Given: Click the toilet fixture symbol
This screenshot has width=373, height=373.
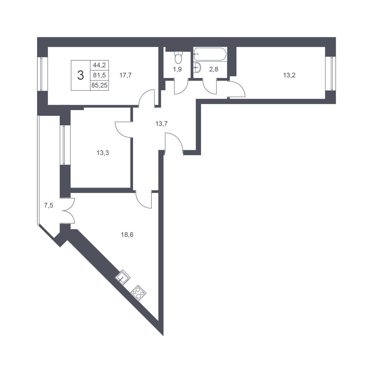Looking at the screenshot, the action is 178,58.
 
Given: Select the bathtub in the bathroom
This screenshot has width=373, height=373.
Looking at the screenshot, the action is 210,54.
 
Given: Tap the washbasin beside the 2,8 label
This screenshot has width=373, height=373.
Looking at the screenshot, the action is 197,67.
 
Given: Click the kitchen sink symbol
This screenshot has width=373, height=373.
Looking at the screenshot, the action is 123,277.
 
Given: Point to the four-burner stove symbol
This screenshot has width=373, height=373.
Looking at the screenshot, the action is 138,293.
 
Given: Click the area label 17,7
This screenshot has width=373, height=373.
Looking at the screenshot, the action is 126,75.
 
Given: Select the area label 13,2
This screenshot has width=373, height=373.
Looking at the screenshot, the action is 289,75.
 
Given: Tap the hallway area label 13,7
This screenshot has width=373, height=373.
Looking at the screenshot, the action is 161,123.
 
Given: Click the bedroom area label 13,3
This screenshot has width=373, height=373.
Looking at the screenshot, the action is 103,153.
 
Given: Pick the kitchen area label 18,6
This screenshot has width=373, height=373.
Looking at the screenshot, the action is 127,235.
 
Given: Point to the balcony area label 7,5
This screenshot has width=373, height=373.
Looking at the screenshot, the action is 48,205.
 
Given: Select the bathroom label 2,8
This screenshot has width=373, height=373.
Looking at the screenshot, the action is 214,69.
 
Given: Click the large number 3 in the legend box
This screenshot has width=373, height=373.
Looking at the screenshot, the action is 81,75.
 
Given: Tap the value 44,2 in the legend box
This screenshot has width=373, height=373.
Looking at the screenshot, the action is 99,65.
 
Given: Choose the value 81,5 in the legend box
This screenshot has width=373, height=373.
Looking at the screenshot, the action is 99,75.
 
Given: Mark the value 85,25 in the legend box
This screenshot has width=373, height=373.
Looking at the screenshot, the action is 99,85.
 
